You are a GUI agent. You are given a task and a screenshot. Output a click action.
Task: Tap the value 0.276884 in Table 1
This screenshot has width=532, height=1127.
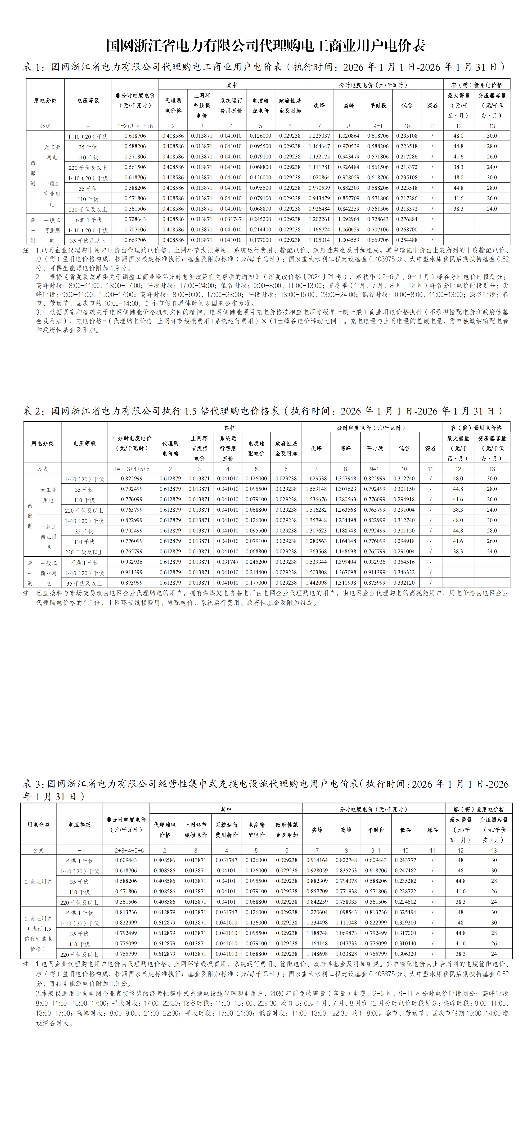(x=406, y=219)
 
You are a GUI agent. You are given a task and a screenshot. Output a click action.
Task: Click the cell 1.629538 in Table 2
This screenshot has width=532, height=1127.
(x=316, y=479)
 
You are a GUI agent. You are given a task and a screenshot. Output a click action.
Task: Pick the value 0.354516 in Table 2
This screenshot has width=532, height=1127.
(x=404, y=562)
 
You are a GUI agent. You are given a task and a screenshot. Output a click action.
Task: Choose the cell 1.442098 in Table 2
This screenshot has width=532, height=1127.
(x=316, y=583)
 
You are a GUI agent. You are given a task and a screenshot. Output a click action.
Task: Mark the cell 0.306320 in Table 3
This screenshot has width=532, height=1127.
(x=405, y=954)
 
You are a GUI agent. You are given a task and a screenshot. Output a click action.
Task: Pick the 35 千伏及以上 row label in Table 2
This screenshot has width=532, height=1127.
(x=84, y=583)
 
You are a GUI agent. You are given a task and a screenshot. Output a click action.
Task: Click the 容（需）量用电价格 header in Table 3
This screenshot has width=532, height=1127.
(x=479, y=809)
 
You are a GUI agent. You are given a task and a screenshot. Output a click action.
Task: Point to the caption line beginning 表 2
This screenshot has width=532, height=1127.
(x=262, y=411)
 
